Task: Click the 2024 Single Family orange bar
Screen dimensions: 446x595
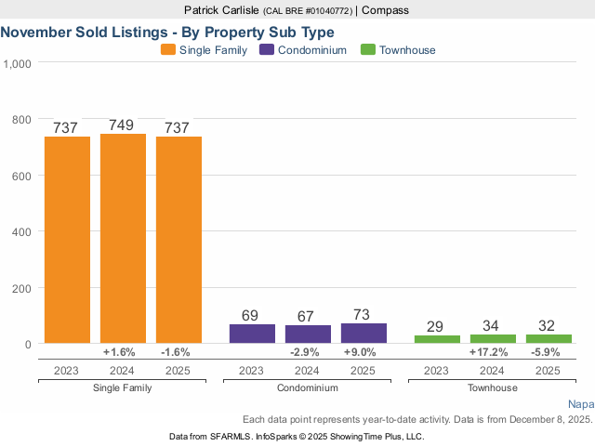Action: click(x=123, y=239)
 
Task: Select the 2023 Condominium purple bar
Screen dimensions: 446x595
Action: click(x=252, y=334)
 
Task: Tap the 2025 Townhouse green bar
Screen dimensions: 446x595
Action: click(x=549, y=338)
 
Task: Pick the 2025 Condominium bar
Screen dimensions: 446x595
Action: click(x=364, y=333)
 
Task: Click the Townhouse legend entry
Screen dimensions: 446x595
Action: click(x=398, y=50)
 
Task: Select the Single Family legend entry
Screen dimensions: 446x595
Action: click(x=204, y=50)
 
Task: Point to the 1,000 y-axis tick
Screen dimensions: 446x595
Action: click(x=19, y=64)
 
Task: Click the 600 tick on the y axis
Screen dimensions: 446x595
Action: click(x=22, y=176)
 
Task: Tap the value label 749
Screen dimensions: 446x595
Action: click(x=123, y=125)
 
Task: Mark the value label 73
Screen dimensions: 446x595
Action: click(x=364, y=314)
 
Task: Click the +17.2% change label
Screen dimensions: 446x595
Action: click(x=493, y=353)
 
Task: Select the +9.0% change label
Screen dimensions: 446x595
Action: click(x=364, y=353)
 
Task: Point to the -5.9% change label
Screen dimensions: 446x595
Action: click(x=549, y=353)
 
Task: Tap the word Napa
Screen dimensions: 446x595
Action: click(x=580, y=404)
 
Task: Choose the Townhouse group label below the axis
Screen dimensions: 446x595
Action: click(x=493, y=387)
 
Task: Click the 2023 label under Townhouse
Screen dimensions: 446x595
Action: click(x=437, y=370)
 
